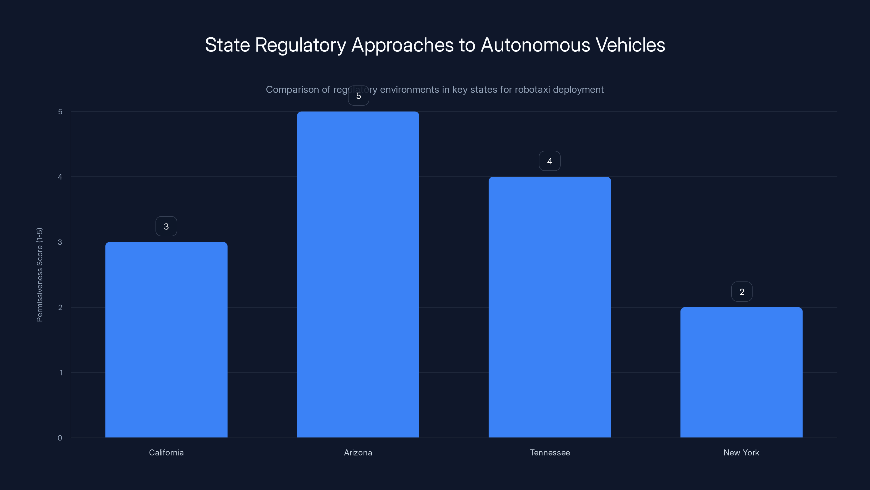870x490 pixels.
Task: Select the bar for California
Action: click(166, 339)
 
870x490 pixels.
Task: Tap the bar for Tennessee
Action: click(549, 307)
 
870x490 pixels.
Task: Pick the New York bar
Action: click(741, 372)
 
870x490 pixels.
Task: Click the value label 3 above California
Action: click(166, 226)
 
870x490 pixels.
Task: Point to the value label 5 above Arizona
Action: click(358, 96)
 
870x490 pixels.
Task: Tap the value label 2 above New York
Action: click(742, 292)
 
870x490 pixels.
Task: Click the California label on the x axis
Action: click(166, 452)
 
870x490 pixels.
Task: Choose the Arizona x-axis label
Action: click(358, 452)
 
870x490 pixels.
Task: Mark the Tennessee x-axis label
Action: click(549, 452)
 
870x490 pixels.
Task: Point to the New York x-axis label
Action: click(741, 452)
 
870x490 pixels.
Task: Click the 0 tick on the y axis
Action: click(60, 438)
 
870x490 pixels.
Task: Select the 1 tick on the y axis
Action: click(61, 373)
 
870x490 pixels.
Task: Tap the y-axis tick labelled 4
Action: click(60, 177)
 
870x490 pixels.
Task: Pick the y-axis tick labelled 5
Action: click(60, 112)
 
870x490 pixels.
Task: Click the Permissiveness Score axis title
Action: click(39, 275)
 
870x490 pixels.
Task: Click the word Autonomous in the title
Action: click(535, 45)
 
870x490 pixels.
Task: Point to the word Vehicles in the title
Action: click(630, 45)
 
